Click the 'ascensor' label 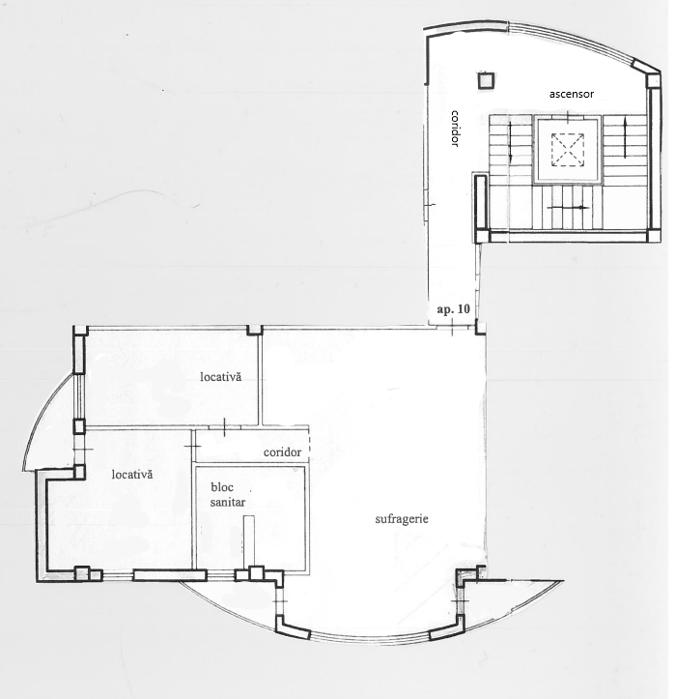click(x=572, y=94)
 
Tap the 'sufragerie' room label click(x=402, y=519)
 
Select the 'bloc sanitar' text click(x=228, y=495)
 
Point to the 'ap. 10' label click(x=453, y=309)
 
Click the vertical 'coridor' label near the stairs click(x=455, y=129)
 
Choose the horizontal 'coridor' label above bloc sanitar click(x=282, y=452)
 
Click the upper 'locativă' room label click(x=221, y=377)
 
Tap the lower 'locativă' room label click(x=132, y=475)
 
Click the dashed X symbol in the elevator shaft click(x=568, y=150)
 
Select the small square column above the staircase click(x=486, y=80)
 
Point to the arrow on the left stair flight click(x=510, y=143)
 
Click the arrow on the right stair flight click(x=626, y=137)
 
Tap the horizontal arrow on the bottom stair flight click(x=568, y=207)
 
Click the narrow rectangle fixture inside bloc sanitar click(x=249, y=541)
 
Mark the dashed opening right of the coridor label click(x=308, y=445)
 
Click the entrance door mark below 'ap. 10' click(x=452, y=328)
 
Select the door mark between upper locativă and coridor click(x=224, y=426)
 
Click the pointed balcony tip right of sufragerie click(x=564, y=581)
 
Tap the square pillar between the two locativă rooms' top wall click(x=255, y=330)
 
